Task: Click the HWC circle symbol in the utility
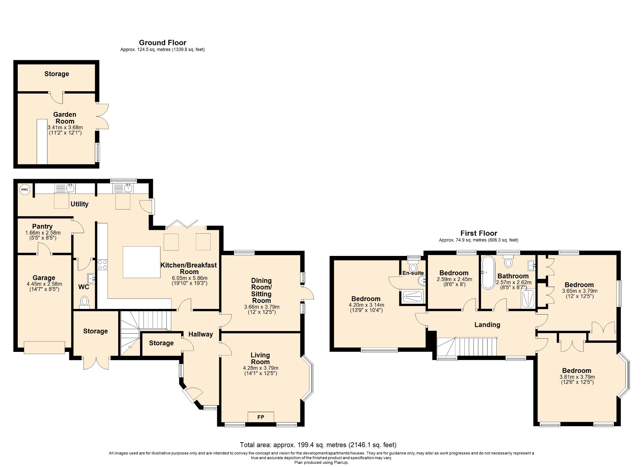(24, 189)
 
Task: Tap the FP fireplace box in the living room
(261, 417)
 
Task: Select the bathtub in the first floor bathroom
(488, 272)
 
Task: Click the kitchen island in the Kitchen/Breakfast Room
(142, 262)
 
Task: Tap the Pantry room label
(42, 226)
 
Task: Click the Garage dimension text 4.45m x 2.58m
(44, 284)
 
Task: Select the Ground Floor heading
(163, 43)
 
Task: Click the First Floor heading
(479, 233)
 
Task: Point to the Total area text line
(318, 445)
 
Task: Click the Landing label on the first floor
(487, 325)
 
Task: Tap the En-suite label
(413, 273)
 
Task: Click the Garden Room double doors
(102, 116)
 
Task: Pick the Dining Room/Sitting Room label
(261, 290)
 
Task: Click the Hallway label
(201, 334)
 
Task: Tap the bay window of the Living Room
(309, 378)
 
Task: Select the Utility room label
(79, 204)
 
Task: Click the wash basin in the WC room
(91, 278)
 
